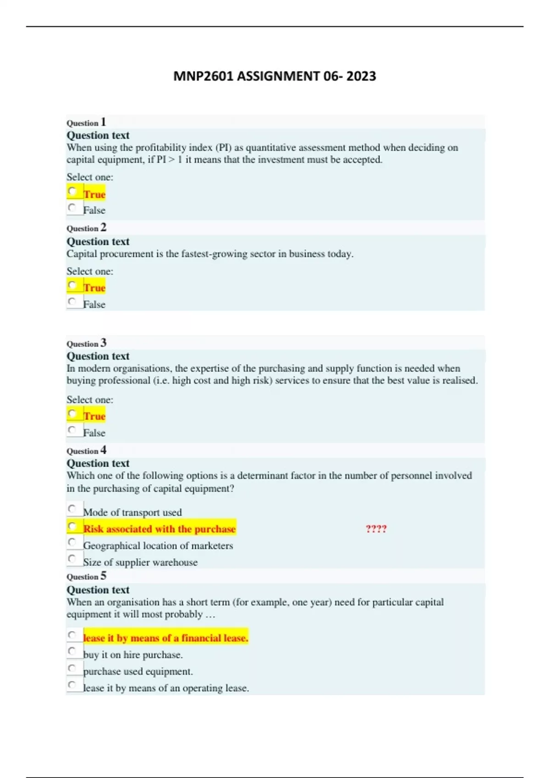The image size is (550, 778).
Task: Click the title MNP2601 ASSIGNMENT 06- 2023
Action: click(x=275, y=76)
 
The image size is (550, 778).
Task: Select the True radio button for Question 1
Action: click(x=72, y=191)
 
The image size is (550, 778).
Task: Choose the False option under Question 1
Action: click(x=72, y=207)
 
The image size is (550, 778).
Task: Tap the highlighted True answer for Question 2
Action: click(x=94, y=288)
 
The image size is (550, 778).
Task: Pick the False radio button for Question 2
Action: click(x=72, y=301)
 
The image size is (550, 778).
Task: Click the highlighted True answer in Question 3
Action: click(x=94, y=416)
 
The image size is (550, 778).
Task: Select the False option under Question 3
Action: click(x=72, y=430)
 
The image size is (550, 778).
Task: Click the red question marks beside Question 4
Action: click(x=376, y=529)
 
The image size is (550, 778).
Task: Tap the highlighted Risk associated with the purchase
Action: click(x=159, y=529)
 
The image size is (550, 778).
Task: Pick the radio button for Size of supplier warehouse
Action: click(x=72, y=558)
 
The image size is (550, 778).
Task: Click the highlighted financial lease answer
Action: click(x=165, y=638)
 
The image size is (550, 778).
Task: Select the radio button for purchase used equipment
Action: click(x=72, y=668)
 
